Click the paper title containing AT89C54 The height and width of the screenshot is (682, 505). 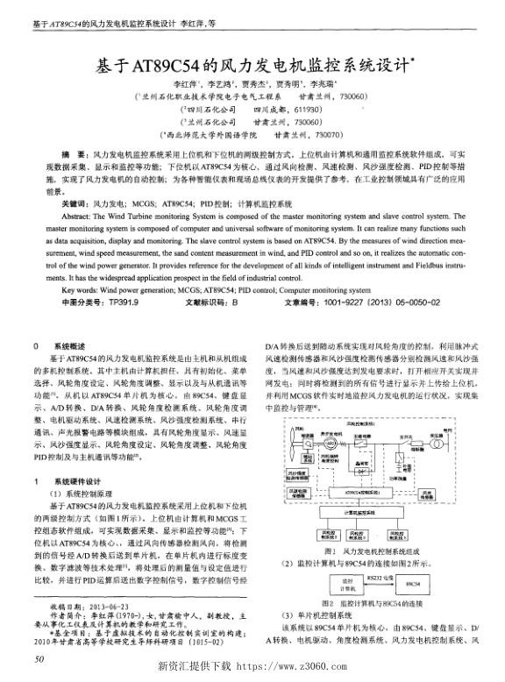pos(252,66)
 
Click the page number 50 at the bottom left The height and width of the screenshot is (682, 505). pos(36,657)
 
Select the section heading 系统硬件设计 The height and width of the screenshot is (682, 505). pos(77,481)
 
